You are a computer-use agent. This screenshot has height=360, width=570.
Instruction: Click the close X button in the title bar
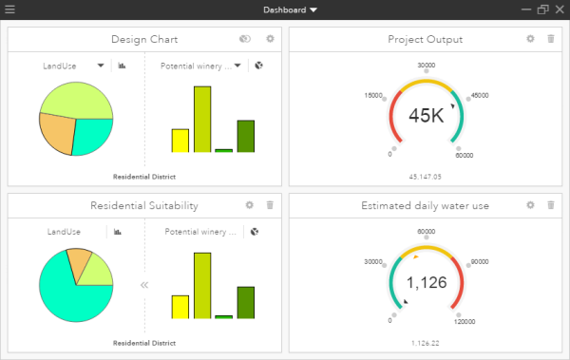(559, 9)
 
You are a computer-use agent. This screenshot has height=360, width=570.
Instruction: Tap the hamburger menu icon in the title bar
(9, 9)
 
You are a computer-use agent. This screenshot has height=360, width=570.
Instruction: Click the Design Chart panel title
(144, 39)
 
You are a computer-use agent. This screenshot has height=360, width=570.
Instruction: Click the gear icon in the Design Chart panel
(270, 39)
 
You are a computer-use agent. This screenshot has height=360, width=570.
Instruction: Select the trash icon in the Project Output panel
(551, 39)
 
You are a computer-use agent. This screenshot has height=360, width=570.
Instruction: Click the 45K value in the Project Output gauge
(426, 115)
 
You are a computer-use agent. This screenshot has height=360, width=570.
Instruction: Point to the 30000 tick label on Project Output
(427, 66)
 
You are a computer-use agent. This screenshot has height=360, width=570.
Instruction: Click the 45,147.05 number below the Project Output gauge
(425, 177)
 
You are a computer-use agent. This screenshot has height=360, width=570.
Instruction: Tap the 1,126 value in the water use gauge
(426, 282)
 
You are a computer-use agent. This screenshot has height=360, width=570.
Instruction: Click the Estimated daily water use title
(425, 205)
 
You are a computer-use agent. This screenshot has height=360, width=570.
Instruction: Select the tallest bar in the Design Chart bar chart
(201, 119)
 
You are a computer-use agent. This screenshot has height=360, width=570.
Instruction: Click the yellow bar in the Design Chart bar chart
(180, 141)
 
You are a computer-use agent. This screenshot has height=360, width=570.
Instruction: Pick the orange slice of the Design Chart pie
(56, 134)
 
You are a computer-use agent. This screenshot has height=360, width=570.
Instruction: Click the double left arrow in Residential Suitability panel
(145, 284)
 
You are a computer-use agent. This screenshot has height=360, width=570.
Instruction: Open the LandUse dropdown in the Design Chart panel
(100, 66)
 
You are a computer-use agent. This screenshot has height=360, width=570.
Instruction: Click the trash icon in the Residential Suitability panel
(270, 205)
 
